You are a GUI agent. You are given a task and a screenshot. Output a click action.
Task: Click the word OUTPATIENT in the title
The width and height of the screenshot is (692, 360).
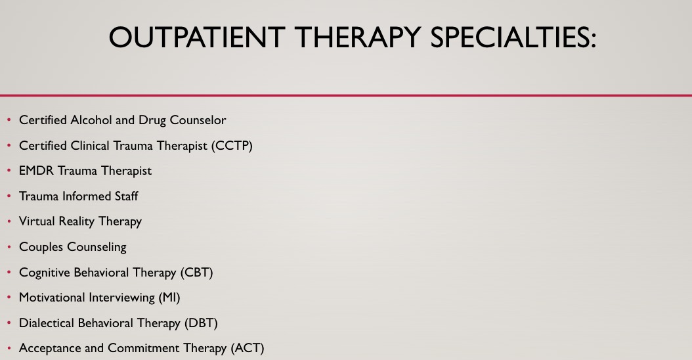click(x=196, y=37)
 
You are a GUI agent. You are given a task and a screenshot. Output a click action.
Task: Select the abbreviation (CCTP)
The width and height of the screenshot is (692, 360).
click(x=232, y=146)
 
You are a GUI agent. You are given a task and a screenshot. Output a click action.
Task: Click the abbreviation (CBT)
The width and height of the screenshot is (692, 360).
click(x=196, y=273)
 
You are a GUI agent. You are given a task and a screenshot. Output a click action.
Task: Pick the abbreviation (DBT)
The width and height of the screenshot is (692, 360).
click(x=201, y=323)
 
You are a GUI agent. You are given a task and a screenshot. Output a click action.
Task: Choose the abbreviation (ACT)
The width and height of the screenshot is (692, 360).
click(x=248, y=348)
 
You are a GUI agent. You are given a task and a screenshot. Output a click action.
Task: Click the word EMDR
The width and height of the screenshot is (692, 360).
click(x=36, y=171)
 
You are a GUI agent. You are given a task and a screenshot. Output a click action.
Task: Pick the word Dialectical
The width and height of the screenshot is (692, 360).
click(x=47, y=323)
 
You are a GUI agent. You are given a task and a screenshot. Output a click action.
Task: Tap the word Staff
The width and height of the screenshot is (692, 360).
click(x=127, y=196)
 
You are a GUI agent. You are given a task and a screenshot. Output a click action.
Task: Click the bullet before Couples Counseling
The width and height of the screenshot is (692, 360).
click(x=9, y=247)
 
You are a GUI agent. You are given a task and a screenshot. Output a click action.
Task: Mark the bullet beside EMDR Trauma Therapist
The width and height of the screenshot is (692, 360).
click(x=9, y=171)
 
